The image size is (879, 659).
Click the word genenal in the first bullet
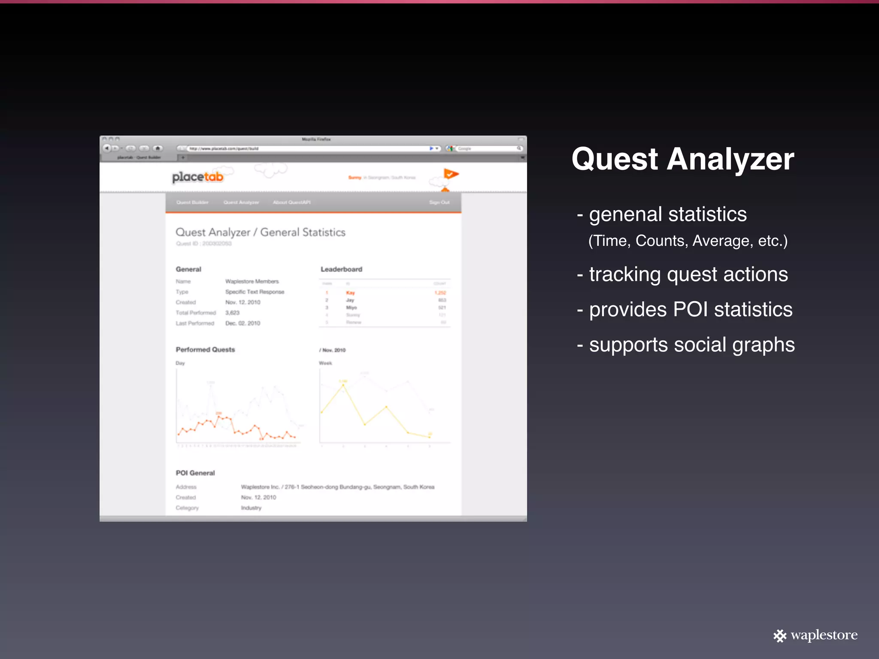pyautogui.click(x=625, y=214)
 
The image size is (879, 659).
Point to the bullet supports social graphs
pyautogui.click(x=686, y=345)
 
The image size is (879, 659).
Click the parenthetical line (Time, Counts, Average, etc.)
pyautogui.click(x=688, y=241)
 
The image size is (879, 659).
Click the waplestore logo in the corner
pyautogui.click(x=815, y=635)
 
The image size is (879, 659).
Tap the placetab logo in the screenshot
pyautogui.click(x=198, y=177)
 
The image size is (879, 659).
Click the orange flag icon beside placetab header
pyautogui.click(x=451, y=174)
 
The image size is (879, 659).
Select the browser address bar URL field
pyautogui.click(x=309, y=148)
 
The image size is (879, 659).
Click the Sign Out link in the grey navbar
pyautogui.click(x=439, y=203)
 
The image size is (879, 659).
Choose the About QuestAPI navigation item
pyautogui.click(x=291, y=203)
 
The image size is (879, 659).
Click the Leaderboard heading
pyautogui.click(x=341, y=269)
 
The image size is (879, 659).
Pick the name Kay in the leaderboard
pyautogui.click(x=350, y=293)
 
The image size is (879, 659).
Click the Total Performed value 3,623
pyautogui.click(x=232, y=313)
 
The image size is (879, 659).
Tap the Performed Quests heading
pyautogui.click(x=205, y=350)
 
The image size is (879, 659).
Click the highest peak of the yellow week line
pyautogui.click(x=343, y=385)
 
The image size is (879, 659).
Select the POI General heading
pyautogui.click(x=195, y=473)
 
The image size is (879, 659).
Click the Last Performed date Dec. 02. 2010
pyautogui.click(x=242, y=323)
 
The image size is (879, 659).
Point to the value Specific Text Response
pyautogui.click(x=255, y=292)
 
